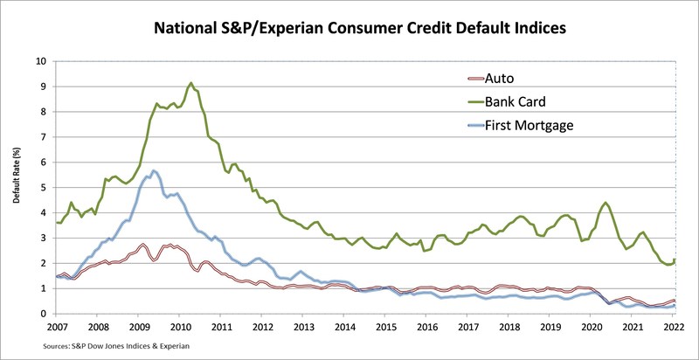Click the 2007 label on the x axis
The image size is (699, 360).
pyautogui.click(x=57, y=326)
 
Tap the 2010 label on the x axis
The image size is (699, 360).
pyautogui.click(x=180, y=326)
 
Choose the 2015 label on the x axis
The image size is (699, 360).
pyautogui.click(x=387, y=326)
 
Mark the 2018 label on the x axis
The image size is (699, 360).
pyautogui.click(x=510, y=326)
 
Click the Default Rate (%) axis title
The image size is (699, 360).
pyautogui.click(x=17, y=188)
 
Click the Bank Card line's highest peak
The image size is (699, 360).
pyautogui.click(x=191, y=83)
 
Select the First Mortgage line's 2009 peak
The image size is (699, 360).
pyautogui.click(x=154, y=170)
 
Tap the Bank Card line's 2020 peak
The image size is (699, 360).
pyautogui.click(x=606, y=203)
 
